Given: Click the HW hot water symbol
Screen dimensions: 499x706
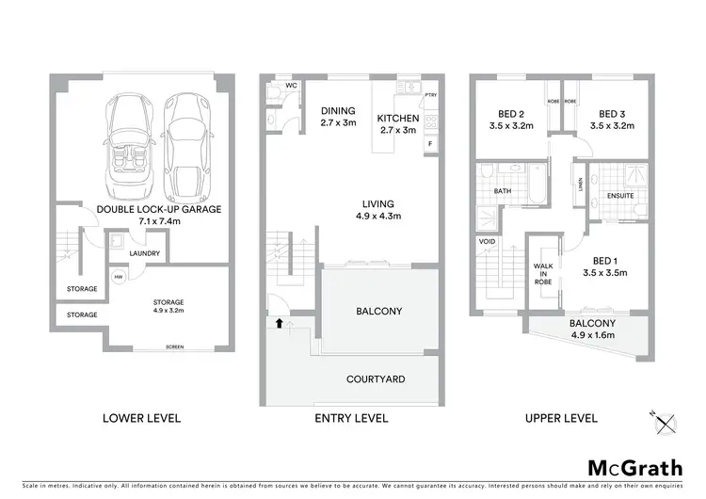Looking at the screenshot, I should pyautogui.click(x=118, y=277).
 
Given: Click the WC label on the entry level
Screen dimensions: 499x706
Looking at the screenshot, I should pyautogui.click(x=292, y=86).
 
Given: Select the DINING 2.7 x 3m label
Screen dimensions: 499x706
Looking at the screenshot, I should pyautogui.click(x=337, y=117).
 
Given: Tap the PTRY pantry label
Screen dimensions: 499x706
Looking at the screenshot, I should pyautogui.click(x=431, y=95).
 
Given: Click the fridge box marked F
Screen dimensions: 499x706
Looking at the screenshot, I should pyautogui.click(x=430, y=143).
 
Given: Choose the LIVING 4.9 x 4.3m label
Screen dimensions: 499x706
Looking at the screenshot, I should pyautogui.click(x=380, y=209).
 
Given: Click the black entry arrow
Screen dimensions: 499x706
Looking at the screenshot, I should pyautogui.click(x=278, y=322).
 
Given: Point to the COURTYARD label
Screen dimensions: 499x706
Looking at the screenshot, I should pyautogui.click(x=376, y=378).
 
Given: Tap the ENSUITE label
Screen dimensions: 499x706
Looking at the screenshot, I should pyautogui.click(x=620, y=196).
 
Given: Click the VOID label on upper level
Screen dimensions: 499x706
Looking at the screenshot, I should pyautogui.click(x=487, y=241).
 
